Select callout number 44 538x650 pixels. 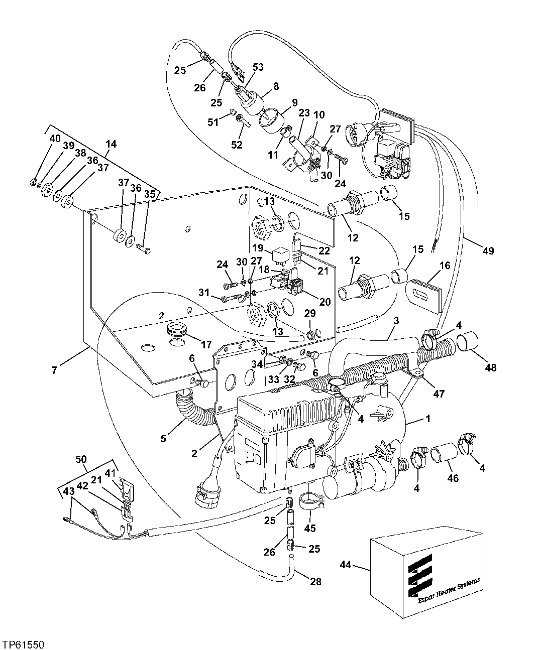click(345, 565)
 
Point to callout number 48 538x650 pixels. click(490, 367)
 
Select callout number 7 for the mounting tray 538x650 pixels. click(54, 370)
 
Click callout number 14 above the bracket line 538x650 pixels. click(111, 144)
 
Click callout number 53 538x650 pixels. click(258, 67)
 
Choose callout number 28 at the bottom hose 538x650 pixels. click(315, 582)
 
